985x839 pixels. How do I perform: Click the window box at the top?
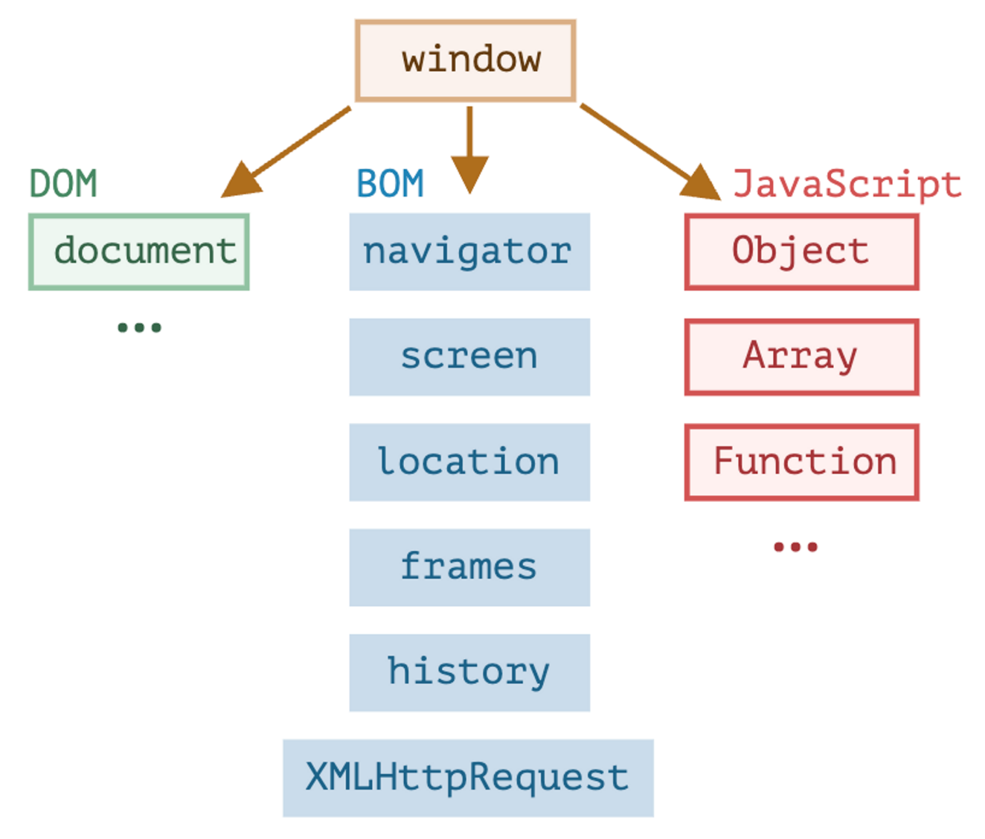click(465, 60)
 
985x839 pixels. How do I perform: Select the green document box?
click(138, 252)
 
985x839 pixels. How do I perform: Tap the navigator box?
click(469, 252)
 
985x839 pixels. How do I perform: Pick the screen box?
click(469, 357)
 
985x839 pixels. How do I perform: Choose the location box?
click(469, 462)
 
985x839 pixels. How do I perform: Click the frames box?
click(469, 567)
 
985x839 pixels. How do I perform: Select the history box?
click(469, 672)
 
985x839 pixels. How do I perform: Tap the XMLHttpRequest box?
click(468, 778)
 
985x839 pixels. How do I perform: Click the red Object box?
click(801, 252)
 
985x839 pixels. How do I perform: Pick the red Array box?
click(801, 357)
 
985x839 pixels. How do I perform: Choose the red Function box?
click(801, 462)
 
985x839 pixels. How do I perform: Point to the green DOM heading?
click(63, 184)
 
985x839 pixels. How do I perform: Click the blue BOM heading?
click(390, 184)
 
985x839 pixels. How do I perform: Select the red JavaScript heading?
click(847, 184)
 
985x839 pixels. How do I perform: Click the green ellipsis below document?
click(139, 328)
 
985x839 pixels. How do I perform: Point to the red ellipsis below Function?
click(795, 547)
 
